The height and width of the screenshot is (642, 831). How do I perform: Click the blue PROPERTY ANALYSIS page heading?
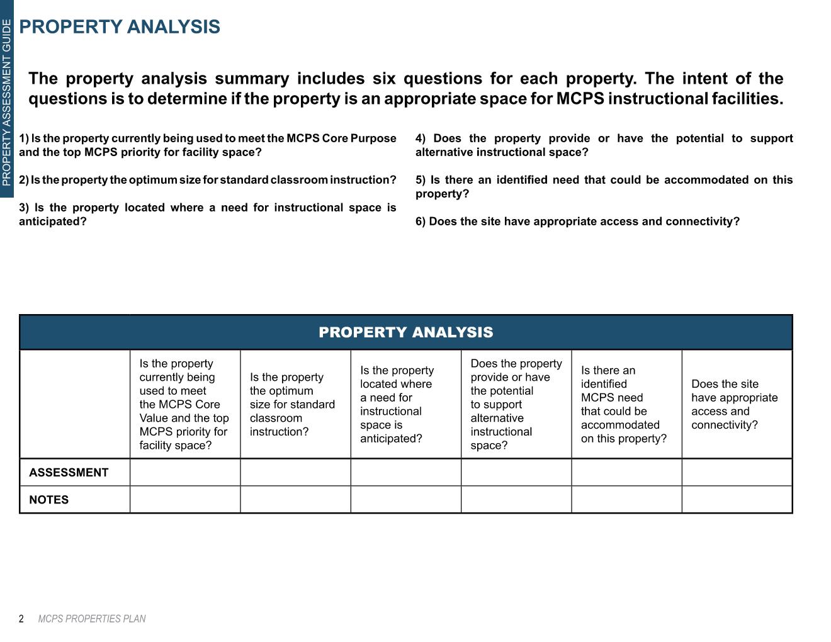click(120, 27)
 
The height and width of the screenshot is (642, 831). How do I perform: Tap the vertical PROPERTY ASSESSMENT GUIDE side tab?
click(6, 103)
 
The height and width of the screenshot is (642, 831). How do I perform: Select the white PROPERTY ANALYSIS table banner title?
click(406, 332)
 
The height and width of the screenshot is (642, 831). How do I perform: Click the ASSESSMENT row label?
click(69, 473)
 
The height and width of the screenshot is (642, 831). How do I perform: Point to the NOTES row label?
click(49, 500)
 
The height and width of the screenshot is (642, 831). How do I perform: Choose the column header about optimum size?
click(292, 404)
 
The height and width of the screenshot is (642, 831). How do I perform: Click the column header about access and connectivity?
click(734, 404)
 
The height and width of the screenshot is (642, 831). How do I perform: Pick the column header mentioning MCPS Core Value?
click(184, 404)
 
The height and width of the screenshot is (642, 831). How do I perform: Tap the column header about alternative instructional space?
click(516, 404)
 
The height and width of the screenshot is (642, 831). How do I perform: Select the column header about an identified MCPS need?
click(624, 404)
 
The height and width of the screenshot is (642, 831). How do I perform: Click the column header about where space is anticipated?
click(397, 404)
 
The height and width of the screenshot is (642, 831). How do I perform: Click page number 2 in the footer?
click(21, 619)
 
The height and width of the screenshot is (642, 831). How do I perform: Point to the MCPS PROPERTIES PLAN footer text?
click(92, 619)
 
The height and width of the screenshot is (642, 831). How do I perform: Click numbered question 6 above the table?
click(577, 222)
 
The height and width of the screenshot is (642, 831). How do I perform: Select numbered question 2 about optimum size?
click(208, 180)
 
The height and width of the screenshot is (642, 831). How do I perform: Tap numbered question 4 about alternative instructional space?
click(604, 145)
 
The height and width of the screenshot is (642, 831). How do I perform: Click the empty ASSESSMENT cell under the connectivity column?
click(737, 473)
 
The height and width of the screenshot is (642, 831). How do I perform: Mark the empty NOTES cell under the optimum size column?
click(296, 500)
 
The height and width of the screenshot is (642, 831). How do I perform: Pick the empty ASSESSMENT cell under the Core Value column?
click(185, 473)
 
